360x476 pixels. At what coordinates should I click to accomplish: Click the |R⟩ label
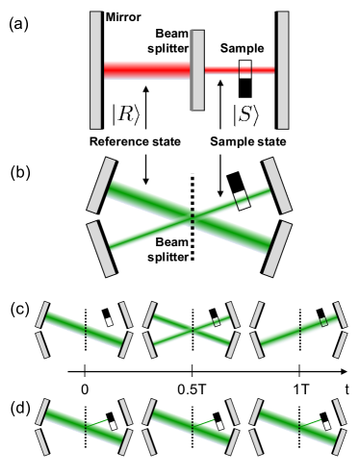pos(125,116)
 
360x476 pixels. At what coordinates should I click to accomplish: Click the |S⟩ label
pos(246,116)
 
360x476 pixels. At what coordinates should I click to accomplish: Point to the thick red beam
pos(146,69)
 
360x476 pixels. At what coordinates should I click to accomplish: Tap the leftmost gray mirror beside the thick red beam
pos(95,69)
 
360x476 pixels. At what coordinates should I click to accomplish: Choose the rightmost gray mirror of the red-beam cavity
pos(283,69)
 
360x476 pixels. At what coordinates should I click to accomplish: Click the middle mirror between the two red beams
pos(197,69)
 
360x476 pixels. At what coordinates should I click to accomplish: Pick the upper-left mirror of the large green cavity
pos(101,185)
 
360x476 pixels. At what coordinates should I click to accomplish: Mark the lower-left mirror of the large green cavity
pos(101,248)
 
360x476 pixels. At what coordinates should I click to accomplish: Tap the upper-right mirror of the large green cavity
pos(277,185)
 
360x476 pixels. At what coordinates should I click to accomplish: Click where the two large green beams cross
pos(192,217)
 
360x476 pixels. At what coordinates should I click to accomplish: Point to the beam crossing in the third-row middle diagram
pos(193,329)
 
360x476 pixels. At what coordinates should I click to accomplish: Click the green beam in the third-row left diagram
pos(85,328)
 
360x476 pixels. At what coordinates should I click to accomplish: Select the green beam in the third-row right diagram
pos(296,330)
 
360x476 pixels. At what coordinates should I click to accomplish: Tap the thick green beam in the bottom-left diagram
pos(85,426)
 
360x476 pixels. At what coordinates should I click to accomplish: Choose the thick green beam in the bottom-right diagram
pos(296,426)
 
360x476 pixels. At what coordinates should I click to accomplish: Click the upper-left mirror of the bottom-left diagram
pos(42,412)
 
